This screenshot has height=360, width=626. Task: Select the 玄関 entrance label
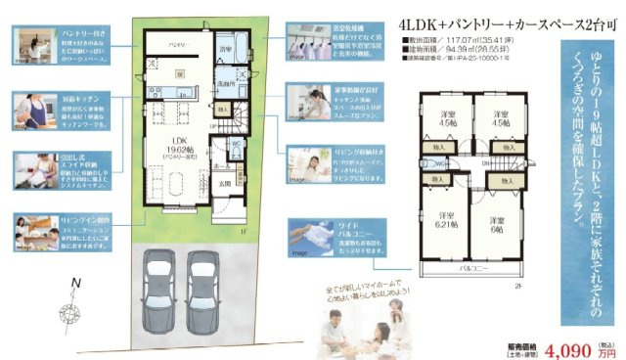[x=224, y=183]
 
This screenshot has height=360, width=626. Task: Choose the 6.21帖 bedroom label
[x=446, y=221]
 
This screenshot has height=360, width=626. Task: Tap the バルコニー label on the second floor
[x=472, y=267]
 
